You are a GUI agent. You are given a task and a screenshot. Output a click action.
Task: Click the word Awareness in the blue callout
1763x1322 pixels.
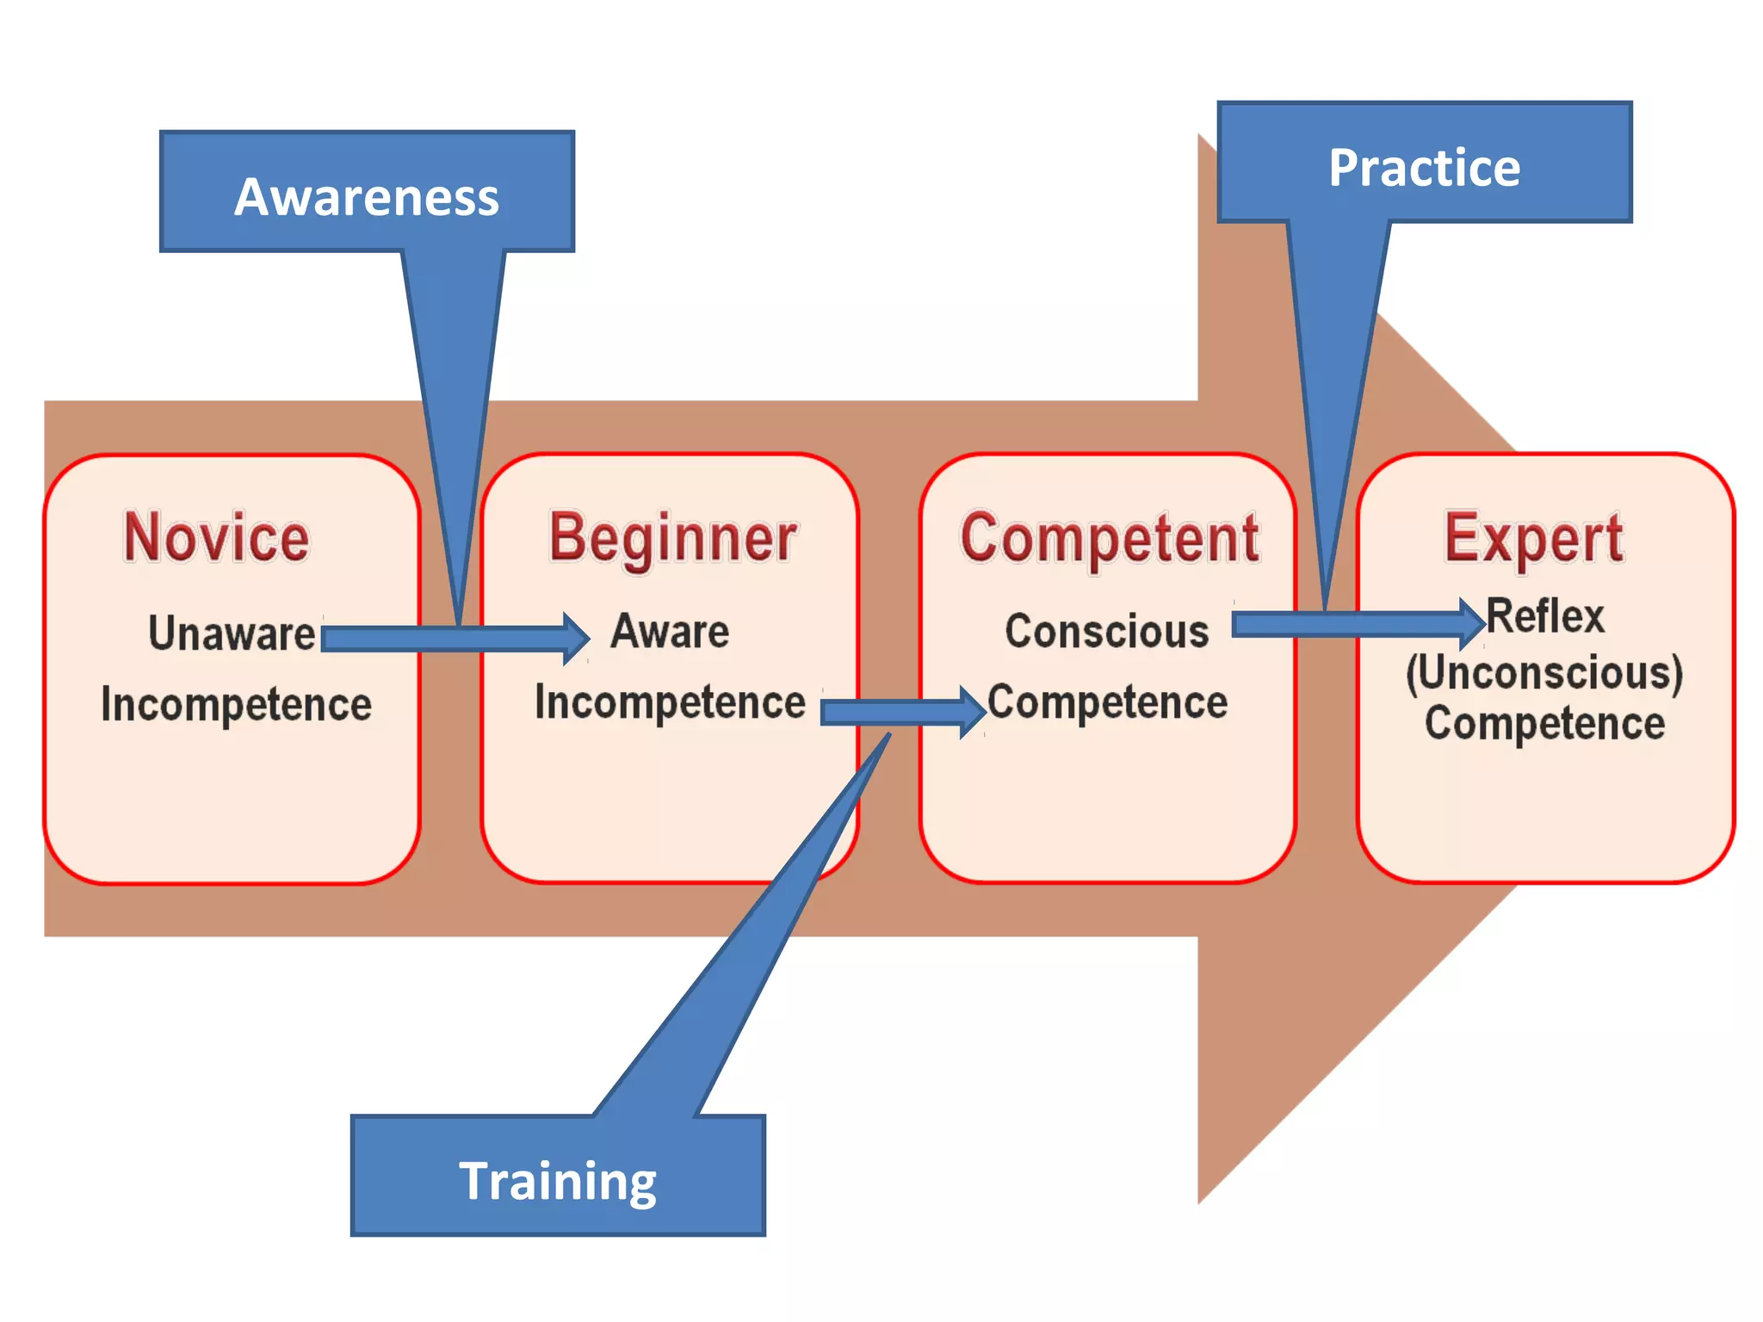click(x=367, y=197)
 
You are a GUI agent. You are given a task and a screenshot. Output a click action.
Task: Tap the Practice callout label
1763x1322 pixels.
click(x=1424, y=168)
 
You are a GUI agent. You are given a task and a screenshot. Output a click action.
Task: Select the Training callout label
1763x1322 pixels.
click(x=558, y=1181)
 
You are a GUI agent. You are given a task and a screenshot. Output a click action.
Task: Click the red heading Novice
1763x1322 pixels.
click(x=217, y=537)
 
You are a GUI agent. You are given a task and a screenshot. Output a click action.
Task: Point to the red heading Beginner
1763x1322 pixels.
click(x=673, y=539)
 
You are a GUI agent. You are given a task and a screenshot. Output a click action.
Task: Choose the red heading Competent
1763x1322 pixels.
click(x=1110, y=539)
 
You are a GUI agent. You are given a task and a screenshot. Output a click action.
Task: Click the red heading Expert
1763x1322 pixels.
click(x=1534, y=539)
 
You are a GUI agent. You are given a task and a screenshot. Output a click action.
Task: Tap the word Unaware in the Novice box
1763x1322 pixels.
click(x=232, y=633)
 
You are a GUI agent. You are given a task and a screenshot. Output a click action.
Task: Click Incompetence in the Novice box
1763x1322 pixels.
click(x=236, y=704)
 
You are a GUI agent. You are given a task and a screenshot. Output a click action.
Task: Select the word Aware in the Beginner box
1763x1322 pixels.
click(x=670, y=631)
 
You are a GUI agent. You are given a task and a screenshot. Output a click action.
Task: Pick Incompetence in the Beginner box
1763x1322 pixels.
click(x=670, y=702)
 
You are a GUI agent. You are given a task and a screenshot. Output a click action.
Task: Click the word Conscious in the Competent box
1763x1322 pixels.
click(x=1107, y=631)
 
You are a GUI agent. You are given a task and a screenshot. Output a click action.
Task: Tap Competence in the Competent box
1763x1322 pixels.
click(x=1107, y=702)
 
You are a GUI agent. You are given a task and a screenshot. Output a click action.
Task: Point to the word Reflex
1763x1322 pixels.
click(x=1545, y=616)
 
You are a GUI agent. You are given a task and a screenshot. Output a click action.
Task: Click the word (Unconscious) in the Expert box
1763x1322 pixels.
click(x=1544, y=672)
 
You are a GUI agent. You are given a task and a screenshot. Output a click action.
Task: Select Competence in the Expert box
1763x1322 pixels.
click(x=1544, y=723)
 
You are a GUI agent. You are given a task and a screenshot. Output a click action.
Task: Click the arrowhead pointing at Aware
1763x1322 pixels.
click(x=578, y=639)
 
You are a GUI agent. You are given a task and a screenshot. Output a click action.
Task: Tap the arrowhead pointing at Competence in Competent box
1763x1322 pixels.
click(x=974, y=712)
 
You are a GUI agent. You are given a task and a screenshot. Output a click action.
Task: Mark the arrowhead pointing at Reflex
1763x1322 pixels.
click(x=1473, y=623)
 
